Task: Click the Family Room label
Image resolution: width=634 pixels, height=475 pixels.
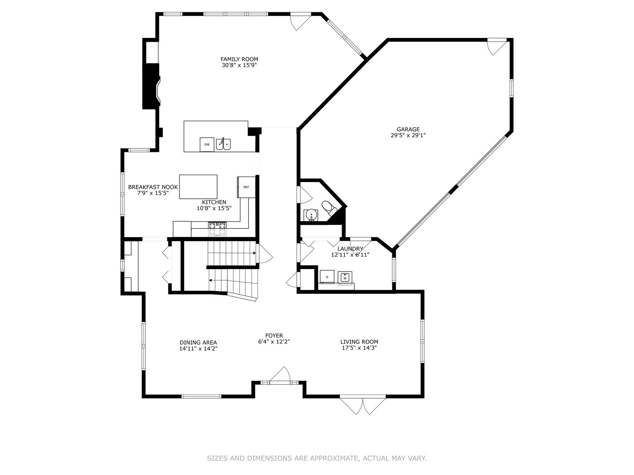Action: (x=239, y=59)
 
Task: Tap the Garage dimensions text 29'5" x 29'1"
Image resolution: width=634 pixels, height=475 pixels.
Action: (x=408, y=135)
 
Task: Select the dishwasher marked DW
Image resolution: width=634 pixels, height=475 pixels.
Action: (x=207, y=144)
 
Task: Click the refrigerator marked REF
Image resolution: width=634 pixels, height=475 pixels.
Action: (x=246, y=187)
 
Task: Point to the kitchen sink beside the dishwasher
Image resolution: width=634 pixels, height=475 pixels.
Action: (x=223, y=144)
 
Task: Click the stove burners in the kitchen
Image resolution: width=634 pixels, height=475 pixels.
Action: (x=217, y=229)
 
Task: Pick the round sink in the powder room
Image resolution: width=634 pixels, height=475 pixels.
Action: (x=311, y=215)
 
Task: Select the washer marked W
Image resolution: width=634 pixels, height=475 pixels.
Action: (x=345, y=277)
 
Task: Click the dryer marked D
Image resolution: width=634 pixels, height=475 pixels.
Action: (x=327, y=277)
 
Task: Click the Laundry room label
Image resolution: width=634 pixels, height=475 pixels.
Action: (x=350, y=249)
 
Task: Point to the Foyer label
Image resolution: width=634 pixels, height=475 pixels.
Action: (x=274, y=335)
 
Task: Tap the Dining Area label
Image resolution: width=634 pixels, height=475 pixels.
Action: (x=198, y=342)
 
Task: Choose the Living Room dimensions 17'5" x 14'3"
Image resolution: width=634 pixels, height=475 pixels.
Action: (x=359, y=348)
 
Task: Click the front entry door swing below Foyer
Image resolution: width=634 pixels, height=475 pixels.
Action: (x=280, y=375)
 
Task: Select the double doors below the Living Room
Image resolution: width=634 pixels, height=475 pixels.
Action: (x=363, y=406)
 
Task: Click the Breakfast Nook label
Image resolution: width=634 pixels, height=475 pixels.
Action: (x=153, y=187)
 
